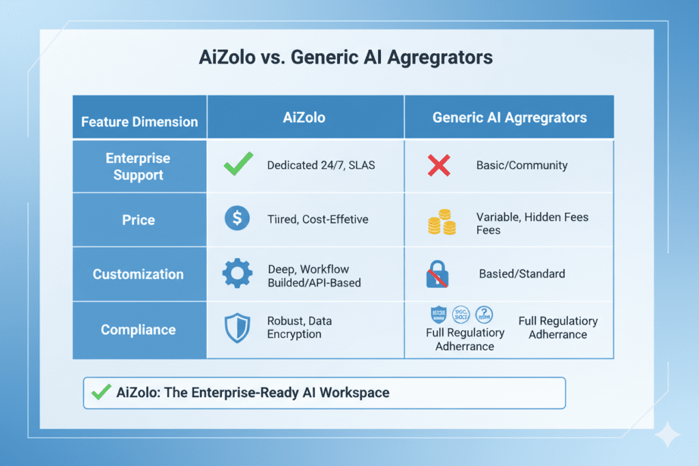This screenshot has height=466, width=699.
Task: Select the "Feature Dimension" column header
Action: pyautogui.click(x=139, y=122)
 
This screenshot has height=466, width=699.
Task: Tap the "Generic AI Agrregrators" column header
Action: pyautogui.click(x=509, y=117)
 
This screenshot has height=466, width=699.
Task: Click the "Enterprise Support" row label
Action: pyautogui.click(x=139, y=166)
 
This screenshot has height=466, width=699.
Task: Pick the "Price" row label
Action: pyautogui.click(x=139, y=220)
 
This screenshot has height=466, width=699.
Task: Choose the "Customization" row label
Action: pyautogui.click(x=139, y=274)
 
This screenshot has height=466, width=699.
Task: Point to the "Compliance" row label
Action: pyautogui.click(x=139, y=330)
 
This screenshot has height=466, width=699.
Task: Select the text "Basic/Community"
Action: pyautogui.click(x=522, y=166)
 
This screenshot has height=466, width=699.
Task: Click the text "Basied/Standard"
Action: pyautogui.click(x=522, y=274)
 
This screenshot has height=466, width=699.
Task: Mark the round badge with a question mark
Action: pyautogui.click(x=485, y=315)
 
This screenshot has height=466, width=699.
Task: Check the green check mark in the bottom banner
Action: pyautogui.click(x=101, y=392)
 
